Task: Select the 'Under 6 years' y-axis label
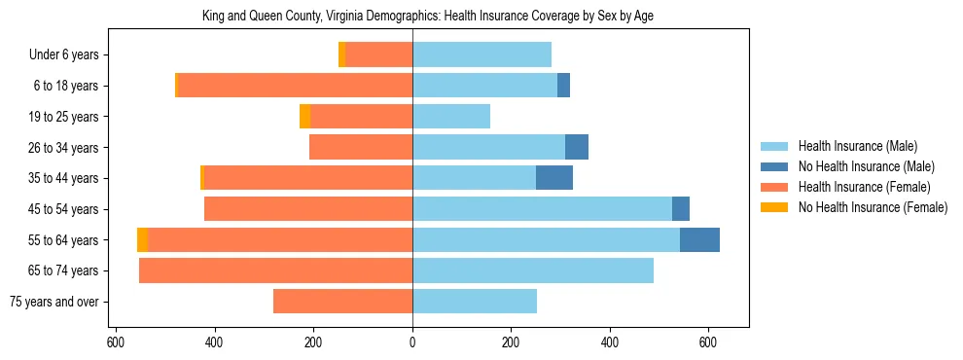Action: pos(64,55)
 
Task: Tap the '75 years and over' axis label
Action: pos(53,302)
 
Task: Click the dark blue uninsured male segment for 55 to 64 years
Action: pos(699,239)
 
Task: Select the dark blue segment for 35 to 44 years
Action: pos(553,178)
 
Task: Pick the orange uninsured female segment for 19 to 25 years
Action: pos(304,117)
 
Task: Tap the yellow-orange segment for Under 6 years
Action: pos(341,55)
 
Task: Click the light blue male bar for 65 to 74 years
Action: pos(532,270)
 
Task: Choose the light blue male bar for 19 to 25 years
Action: pos(450,117)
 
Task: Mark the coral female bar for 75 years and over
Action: pos(342,302)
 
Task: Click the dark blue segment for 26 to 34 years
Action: pos(576,147)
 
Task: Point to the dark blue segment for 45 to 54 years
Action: pos(680,209)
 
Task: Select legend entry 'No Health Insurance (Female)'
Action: pos(873,207)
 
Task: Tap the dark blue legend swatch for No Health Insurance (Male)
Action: pos(774,166)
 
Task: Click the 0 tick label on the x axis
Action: pos(412,342)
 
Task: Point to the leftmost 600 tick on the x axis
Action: pos(116,342)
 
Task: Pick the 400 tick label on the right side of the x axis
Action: pos(610,342)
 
